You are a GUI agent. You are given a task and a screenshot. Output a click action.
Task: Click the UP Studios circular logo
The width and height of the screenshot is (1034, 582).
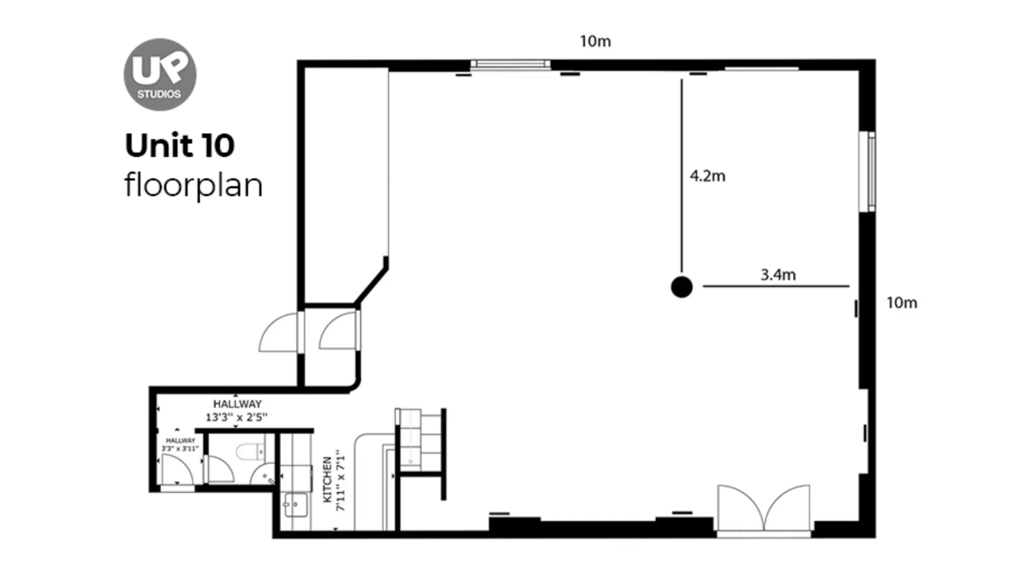click(x=160, y=74)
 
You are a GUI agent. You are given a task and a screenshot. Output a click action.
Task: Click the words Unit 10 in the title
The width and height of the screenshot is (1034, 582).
click(x=180, y=146)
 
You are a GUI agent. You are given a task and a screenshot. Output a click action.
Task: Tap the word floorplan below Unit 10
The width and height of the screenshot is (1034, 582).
click(x=193, y=185)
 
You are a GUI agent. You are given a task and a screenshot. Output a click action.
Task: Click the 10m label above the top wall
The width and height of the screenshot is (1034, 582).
click(x=595, y=41)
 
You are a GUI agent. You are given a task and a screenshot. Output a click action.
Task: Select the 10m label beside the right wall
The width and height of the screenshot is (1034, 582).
click(x=902, y=303)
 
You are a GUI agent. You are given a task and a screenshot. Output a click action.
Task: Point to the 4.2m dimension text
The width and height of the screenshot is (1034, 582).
click(x=707, y=176)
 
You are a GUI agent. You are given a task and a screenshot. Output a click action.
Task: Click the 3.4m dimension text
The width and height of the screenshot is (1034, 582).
click(x=778, y=275)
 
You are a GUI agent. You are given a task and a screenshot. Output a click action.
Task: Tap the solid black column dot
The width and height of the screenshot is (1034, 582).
click(x=682, y=287)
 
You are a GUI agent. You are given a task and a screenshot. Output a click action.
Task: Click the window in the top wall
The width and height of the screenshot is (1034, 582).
click(x=510, y=64)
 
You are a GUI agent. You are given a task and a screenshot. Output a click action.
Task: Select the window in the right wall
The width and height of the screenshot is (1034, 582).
click(x=867, y=172)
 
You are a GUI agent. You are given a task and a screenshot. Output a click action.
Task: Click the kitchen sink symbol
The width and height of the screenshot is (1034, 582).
click(x=296, y=505)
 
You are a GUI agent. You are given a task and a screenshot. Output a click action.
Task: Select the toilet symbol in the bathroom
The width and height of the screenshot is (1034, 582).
click(x=251, y=451)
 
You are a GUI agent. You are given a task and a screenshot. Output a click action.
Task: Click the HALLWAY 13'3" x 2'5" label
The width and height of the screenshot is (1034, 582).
click(x=237, y=410)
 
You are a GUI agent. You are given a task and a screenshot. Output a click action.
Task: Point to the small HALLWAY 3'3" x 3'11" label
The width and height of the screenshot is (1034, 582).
click(x=180, y=445)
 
